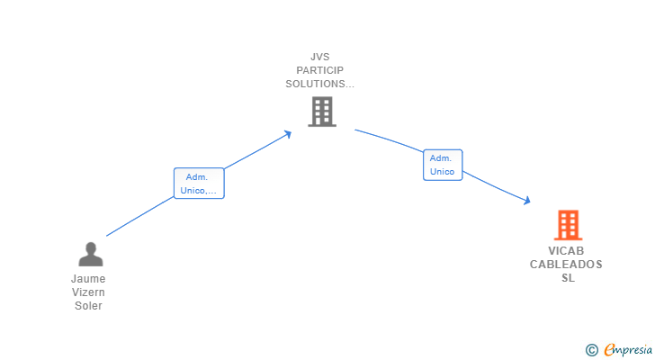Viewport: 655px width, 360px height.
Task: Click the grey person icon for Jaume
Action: [91, 255]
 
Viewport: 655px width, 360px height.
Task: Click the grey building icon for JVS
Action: [321, 112]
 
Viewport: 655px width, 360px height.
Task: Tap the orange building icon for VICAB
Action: [567, 225]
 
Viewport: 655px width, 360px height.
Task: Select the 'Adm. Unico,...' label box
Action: [199, 184]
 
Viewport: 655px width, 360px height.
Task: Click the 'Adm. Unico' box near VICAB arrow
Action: [443, 165]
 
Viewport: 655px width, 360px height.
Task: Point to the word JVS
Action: [320, 56]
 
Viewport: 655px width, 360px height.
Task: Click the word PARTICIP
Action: [320, 70]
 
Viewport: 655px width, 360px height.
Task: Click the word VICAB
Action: [566, 251]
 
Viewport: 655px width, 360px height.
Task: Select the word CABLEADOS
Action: [566, 265]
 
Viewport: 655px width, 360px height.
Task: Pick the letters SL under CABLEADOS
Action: [567, 278]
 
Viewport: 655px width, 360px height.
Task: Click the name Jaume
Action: [88, 279]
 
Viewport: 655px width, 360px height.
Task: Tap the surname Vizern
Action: [88, 292]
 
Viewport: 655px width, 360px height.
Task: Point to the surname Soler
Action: [88, 306]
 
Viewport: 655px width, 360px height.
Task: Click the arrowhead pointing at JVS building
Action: [288, 133]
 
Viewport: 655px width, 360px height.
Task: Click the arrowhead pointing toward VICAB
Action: [526, 201]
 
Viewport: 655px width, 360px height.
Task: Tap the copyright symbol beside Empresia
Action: [591, 350]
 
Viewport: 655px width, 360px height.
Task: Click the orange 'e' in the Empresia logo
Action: [609, 350]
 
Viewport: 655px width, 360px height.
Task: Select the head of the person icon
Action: [91, 247]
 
